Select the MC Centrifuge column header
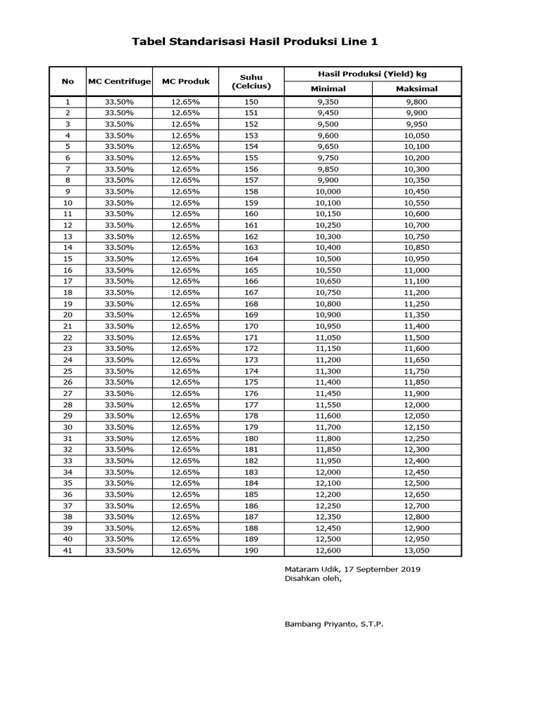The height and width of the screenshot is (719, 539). click(119, 81)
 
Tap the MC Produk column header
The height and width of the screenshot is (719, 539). click(186, 81)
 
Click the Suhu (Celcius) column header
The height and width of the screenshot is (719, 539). click(251, 81)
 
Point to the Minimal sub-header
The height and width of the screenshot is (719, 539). click(328, 89)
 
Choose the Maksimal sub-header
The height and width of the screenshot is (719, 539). click(417, 89)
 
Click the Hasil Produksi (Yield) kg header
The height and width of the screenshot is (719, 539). click(372, 74)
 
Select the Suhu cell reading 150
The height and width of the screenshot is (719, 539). click(251, 102)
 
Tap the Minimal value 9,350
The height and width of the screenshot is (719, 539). click(328, 102)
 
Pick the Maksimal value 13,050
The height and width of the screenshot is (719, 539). click(417, 550)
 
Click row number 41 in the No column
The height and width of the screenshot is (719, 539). click(67, 550)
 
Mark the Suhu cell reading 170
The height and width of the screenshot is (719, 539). click(251, 326)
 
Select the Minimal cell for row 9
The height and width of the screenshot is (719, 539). click(328, 192)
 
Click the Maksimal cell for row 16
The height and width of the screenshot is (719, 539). click(417, 270)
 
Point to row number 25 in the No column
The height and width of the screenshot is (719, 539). click(67, 371)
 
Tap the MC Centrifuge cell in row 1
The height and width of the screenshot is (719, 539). click(119, 102)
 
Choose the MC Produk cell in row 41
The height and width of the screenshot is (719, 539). click(186, 550)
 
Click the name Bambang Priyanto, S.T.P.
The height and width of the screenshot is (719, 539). click(334, 624)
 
